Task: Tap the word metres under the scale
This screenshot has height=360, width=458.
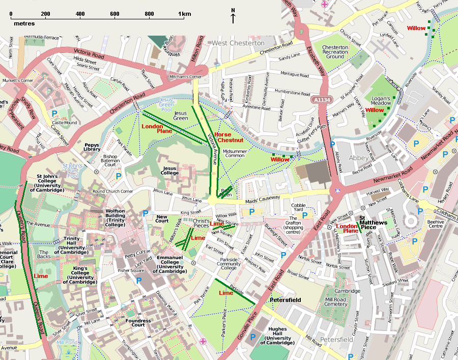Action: click(24, 23)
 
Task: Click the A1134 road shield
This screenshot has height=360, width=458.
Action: click(321, 101)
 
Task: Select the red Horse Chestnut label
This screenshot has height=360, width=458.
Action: click(230, 137)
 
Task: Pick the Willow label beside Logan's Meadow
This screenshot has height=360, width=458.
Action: click(375, 110)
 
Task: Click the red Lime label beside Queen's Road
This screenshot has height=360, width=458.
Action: click(41, 275)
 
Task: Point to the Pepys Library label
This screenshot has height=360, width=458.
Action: click(92, 148)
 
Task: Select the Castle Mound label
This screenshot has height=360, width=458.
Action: click(64, 123)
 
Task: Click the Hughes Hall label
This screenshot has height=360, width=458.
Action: click(277, 336)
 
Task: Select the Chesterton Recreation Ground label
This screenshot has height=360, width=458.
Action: click(335, 51)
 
